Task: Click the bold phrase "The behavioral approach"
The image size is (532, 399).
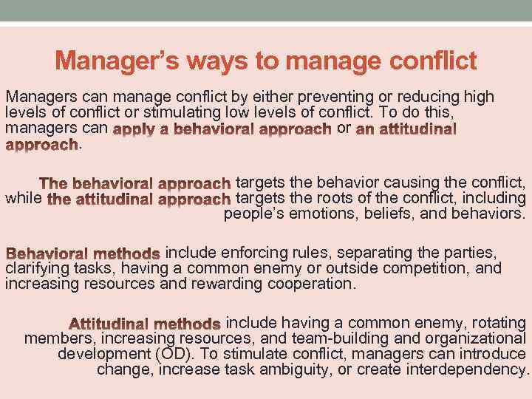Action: pyautogui.click(x=135, y=183)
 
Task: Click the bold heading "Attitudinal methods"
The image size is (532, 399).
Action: pyautogui.click(x=145, y=324)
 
